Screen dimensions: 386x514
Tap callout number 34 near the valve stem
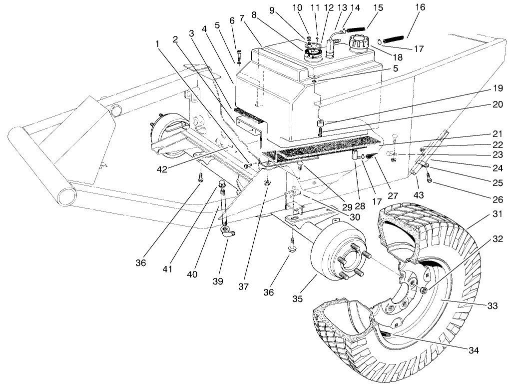point(474,350)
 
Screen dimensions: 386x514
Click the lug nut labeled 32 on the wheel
point(424,290)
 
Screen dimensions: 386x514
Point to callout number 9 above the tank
point(285,9)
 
